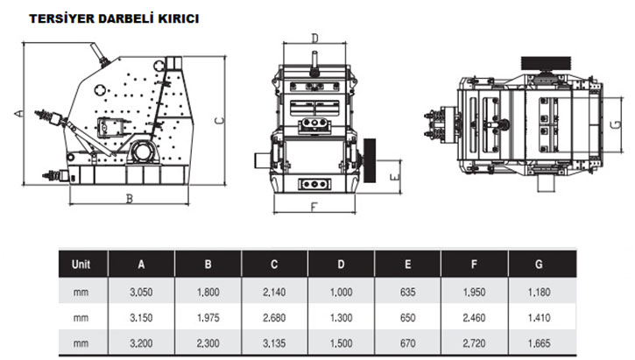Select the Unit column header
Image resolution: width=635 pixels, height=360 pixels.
[x=81, y=265]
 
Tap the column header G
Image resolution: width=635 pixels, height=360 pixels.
[x=539, y=265]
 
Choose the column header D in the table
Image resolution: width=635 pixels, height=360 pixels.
[x=341, y=265]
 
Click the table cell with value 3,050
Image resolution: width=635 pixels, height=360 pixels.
[x=141, y=292]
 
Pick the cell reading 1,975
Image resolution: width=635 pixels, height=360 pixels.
[x=208, y=318]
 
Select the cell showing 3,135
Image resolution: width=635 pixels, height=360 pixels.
[x=274, y=343]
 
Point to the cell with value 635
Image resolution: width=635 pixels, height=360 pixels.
[x=407, y=292]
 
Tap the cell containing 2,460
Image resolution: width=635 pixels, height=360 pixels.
[x=474, y=318]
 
